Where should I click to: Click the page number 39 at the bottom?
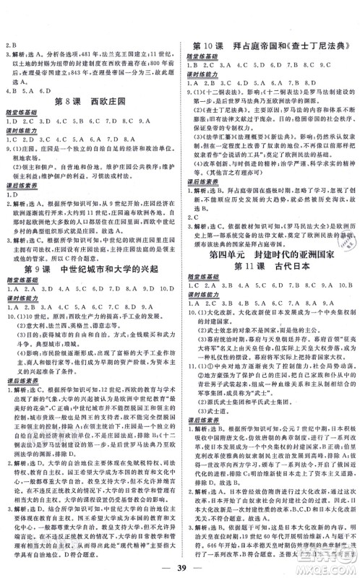pos(179,557)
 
